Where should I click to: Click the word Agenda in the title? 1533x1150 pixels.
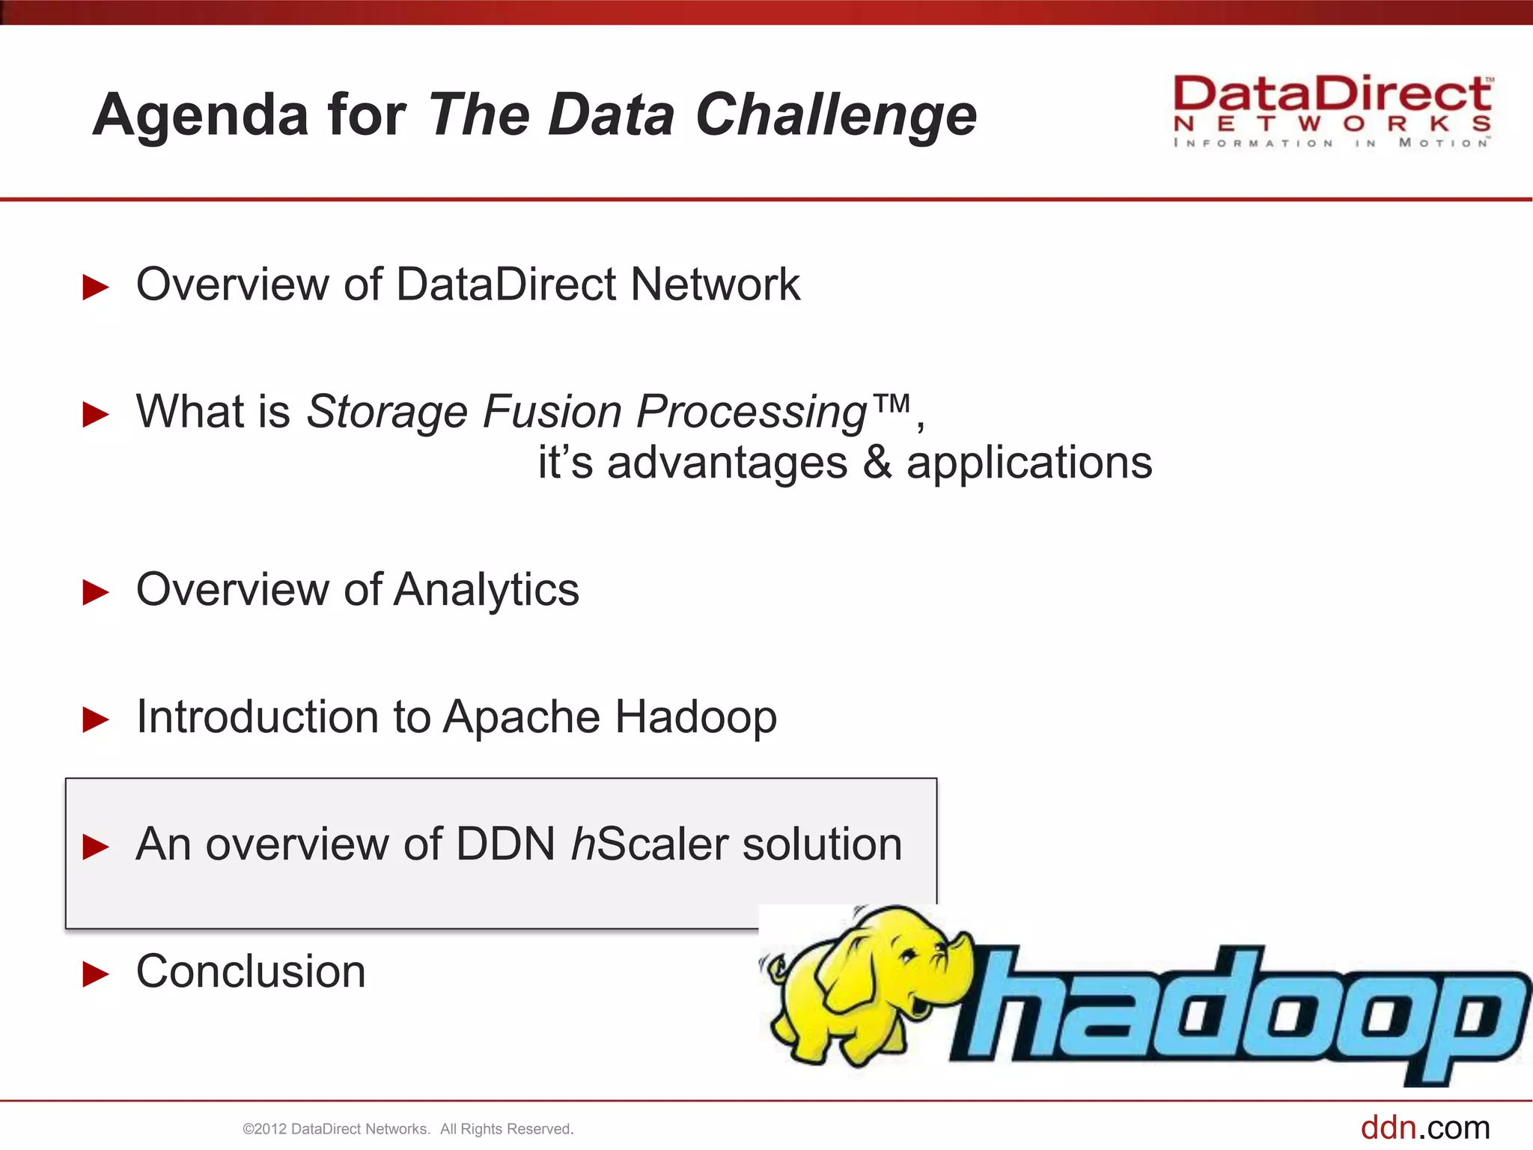[x=201, y=115]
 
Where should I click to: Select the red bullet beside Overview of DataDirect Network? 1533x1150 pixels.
[x=96, y=287]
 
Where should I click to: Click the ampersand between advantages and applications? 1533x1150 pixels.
[x=877, y=463]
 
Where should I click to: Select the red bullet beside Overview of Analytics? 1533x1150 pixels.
[x=96, y=592]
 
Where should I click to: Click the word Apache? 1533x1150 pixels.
[x=521, y=717]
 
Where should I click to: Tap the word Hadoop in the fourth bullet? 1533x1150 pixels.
[x=696, y=717]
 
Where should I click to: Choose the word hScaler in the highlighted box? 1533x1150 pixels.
[x=649, y=845]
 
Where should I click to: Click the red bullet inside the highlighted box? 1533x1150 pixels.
[x=96, y=847]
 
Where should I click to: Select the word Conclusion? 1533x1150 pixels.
[x=251, y=972]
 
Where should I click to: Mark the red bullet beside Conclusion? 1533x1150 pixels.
[x=96, y=974]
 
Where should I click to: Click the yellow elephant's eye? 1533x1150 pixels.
[x=908, y=955]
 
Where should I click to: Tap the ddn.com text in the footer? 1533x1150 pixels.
[x=1424, y=1128]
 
